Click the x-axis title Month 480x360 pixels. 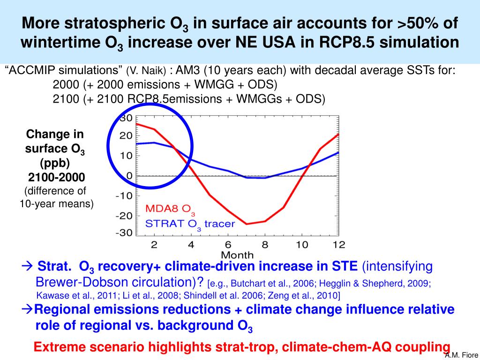click(x=237, y=255)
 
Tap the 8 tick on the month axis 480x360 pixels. click(x=264, y=244)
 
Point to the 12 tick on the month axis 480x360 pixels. click(x=338, y=244)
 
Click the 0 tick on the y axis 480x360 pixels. click(x=129, y=176)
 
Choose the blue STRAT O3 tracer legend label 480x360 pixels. click(x=190, y=224)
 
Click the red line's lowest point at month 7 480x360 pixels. click(x=247, y=224)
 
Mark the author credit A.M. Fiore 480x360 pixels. click(x=462, y=355)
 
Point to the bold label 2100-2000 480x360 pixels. click(x=56, y=178)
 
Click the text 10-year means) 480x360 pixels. click(x=56, y=203)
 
